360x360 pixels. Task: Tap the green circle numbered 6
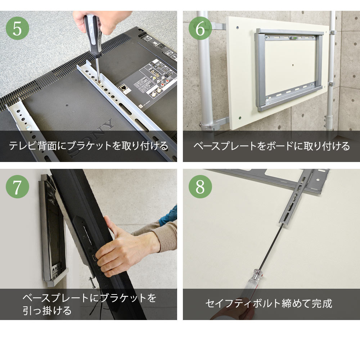tap(201, 28)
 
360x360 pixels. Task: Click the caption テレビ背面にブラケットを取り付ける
tap(89, 146)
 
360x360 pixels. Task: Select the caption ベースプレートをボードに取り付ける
tap(271, 146)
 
